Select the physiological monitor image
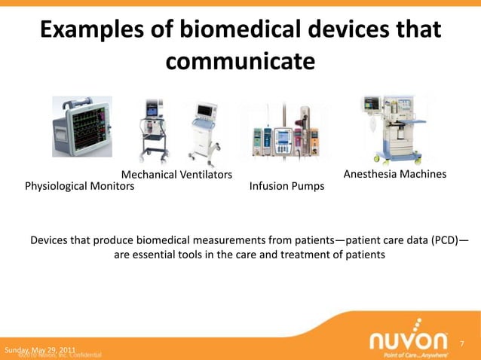[x=81, y=127]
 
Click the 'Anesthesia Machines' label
[x=395, y=175]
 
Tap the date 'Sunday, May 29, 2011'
[x=39, y=350]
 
